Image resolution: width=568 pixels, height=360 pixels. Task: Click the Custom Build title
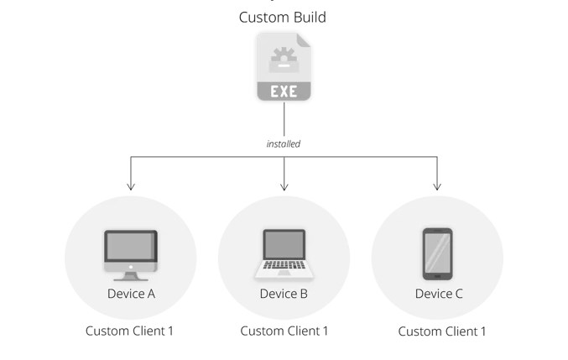[x=283, y=18]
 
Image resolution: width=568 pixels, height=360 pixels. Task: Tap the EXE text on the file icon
[x=284, y=91]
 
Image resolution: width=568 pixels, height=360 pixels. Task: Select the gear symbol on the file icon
[x=284, y=55]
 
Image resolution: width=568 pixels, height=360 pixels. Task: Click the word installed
[x=284, y=143]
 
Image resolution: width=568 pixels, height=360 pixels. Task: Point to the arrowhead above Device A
[x=131, y=186]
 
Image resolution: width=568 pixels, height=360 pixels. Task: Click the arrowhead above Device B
[x=284, y=186]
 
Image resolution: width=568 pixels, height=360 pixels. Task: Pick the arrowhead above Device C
[x=437, y=186]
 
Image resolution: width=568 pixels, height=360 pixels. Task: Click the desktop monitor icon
[x=131, y=255]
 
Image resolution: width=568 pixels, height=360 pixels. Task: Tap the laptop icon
[x=284, y=254]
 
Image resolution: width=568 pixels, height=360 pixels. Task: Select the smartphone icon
[x=438, y=254]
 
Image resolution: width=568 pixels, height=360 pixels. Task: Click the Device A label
[x=131, y=294]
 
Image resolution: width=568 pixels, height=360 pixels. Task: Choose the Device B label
[x=284, y=294]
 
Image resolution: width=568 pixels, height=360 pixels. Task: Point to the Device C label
[x=439, y=294]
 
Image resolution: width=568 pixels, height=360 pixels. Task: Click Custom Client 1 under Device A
[x=129, y=331]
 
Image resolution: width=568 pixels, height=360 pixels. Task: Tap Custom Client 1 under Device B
[x=284, y=331]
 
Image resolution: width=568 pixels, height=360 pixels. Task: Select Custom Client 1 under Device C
[x=442, y=331]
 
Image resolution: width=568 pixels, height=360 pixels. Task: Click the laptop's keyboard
[x=284, y=264]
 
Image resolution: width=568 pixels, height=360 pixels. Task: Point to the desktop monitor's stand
[x=131, y=277]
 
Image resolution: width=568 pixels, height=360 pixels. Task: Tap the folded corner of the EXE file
[x=304, y=40]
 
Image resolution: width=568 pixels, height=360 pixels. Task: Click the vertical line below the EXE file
[x=284, y=119]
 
